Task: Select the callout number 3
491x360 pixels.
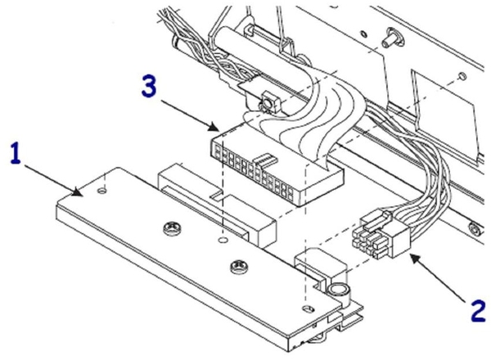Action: (148, 88)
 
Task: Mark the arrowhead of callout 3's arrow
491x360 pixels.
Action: (218, 129)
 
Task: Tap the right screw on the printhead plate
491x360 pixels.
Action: (238, 264)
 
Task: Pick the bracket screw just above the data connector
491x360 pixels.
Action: (267, 104)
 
